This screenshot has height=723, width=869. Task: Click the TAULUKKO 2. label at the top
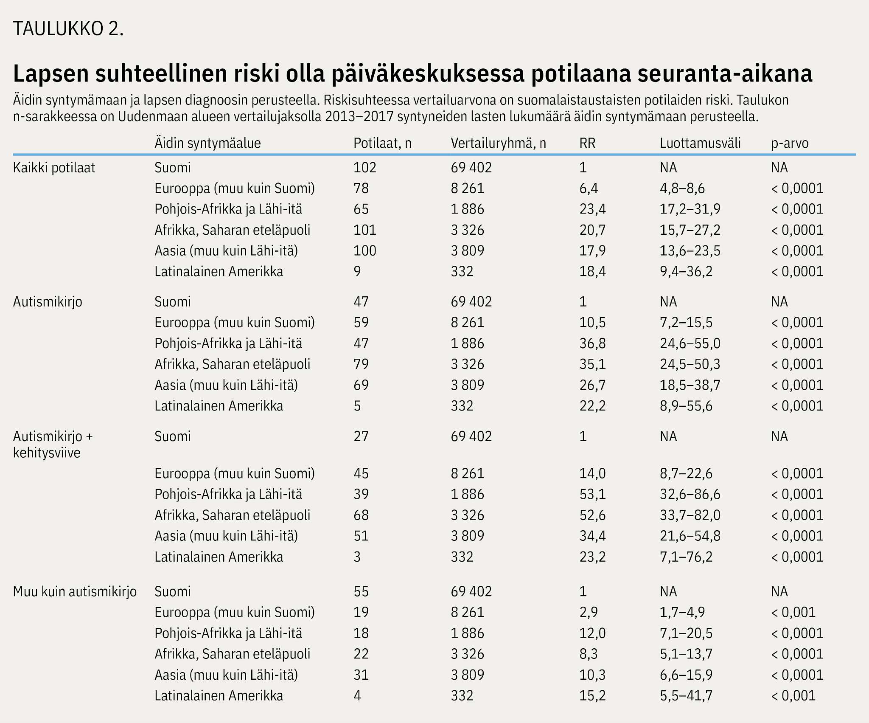(68, 29)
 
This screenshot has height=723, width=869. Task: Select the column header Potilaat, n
(382, 143)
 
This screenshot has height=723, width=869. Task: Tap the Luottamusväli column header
(700, 143)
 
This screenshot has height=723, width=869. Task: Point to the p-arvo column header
(790, 143)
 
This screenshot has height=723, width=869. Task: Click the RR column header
(587, 143)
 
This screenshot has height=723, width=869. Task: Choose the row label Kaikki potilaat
(54, 168)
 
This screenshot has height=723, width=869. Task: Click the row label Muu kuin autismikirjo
(75, 591)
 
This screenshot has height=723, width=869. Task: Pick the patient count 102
(365, 168)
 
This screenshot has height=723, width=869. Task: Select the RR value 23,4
(592, 209)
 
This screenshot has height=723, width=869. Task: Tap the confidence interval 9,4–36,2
(686, 272)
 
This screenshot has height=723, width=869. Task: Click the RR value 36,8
(592, 343)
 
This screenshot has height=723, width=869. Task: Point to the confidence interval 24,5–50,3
(690, 364)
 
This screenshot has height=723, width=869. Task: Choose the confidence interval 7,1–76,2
(686, 557)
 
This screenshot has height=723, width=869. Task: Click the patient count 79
(361, 364)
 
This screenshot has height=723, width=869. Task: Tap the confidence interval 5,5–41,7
(686, 696)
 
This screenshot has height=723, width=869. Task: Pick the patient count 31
(361, 675)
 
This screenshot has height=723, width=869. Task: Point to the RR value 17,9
(592, 251)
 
